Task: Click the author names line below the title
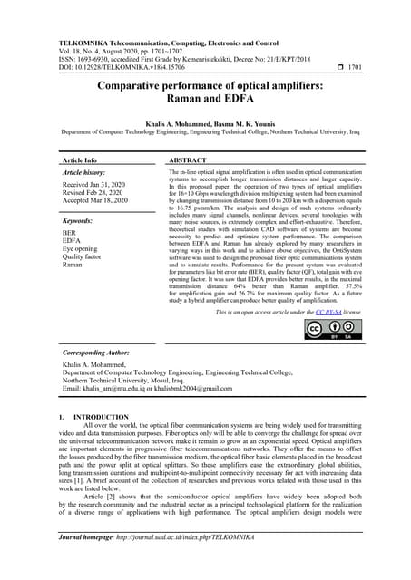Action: click(205, 120)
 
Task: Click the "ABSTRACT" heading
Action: click(189, 159)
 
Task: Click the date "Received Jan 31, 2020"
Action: click(95, 184)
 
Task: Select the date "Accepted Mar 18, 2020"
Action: click(95, 200)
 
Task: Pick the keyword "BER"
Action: click(70, 233)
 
